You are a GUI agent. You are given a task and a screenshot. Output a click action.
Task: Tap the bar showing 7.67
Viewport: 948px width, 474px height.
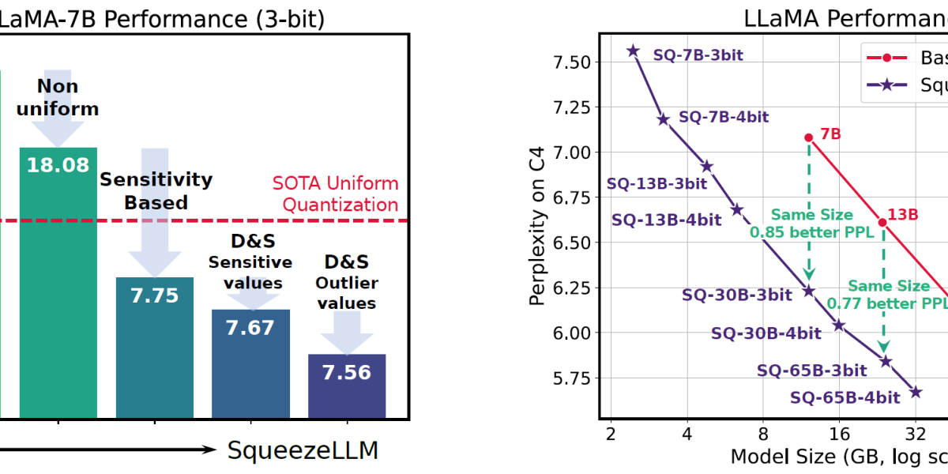pyautogui.click(x=250, y=363)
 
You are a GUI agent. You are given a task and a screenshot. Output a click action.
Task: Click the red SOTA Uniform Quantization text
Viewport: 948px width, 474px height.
pyautogui.click(x=336, y=194)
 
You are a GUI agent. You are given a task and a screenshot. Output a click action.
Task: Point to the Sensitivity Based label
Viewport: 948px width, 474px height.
pyautogui.click(x=156, y=190)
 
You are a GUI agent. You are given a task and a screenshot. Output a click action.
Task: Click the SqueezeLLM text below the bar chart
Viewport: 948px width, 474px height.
pyautogui.click(x=303, y=451)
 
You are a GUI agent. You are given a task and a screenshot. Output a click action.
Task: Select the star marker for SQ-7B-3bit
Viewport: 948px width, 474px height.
pyautogui.click(x=633, y=51)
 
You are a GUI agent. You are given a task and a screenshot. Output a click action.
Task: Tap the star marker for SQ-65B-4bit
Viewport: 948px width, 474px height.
pyautogui.click(x=916, y=392)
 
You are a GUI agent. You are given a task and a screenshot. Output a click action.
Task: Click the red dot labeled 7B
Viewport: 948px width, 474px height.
pyautogui.click(x=808, y=137)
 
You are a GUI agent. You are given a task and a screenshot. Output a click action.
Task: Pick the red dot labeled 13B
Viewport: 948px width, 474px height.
pyautogui.click(x=882, y=222)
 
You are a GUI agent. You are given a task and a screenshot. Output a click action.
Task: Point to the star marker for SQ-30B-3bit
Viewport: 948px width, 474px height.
pyautogui.click(x=808, y=291)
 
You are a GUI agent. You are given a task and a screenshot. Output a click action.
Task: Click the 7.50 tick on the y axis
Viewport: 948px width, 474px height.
pyautogui.click(x=573, y=62)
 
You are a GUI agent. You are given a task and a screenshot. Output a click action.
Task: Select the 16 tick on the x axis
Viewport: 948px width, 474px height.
pyautogui.click(x=839, y=433)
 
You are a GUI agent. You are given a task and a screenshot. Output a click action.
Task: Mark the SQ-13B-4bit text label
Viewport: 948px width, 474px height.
pyautogui.click(x=666, y=220)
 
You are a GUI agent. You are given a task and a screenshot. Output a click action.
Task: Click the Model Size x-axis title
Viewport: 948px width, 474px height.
pyautogui.click(x=837, y=456)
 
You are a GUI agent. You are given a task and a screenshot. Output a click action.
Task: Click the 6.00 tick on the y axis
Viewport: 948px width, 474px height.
pyautogui.click(x=573, y=333)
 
